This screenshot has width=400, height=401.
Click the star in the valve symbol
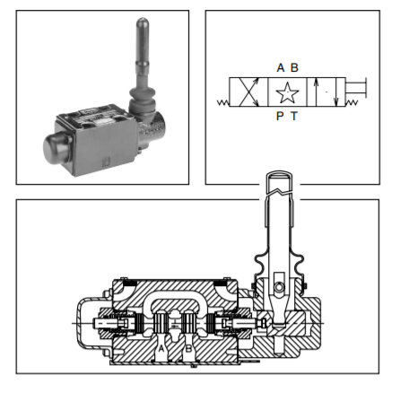[287, 92]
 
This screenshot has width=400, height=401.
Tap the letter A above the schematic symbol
[281, 67]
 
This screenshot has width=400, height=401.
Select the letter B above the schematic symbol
[294, 67]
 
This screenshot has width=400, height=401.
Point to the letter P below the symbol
[280, 116]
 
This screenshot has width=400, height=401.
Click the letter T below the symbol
[294, 116]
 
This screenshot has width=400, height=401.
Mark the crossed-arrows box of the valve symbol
[248, 92]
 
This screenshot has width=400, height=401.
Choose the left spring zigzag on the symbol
[223, 102]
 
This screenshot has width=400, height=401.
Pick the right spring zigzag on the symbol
[352, 102]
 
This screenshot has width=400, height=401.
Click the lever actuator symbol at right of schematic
[356, 87]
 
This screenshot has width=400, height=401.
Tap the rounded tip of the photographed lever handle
[143, 24]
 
